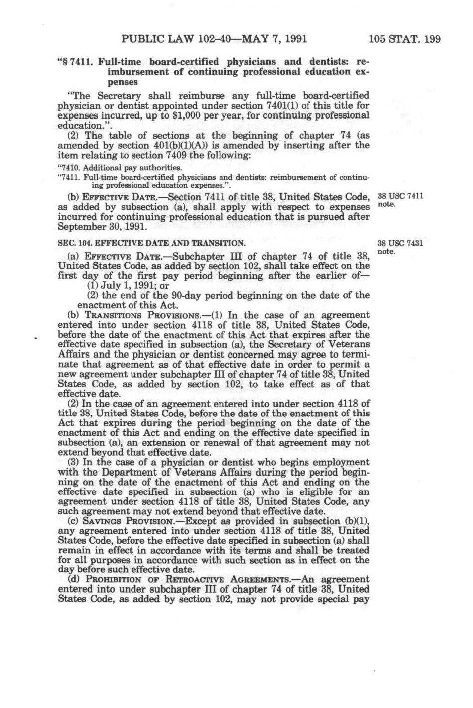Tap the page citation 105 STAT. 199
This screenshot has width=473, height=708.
[404, 39]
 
